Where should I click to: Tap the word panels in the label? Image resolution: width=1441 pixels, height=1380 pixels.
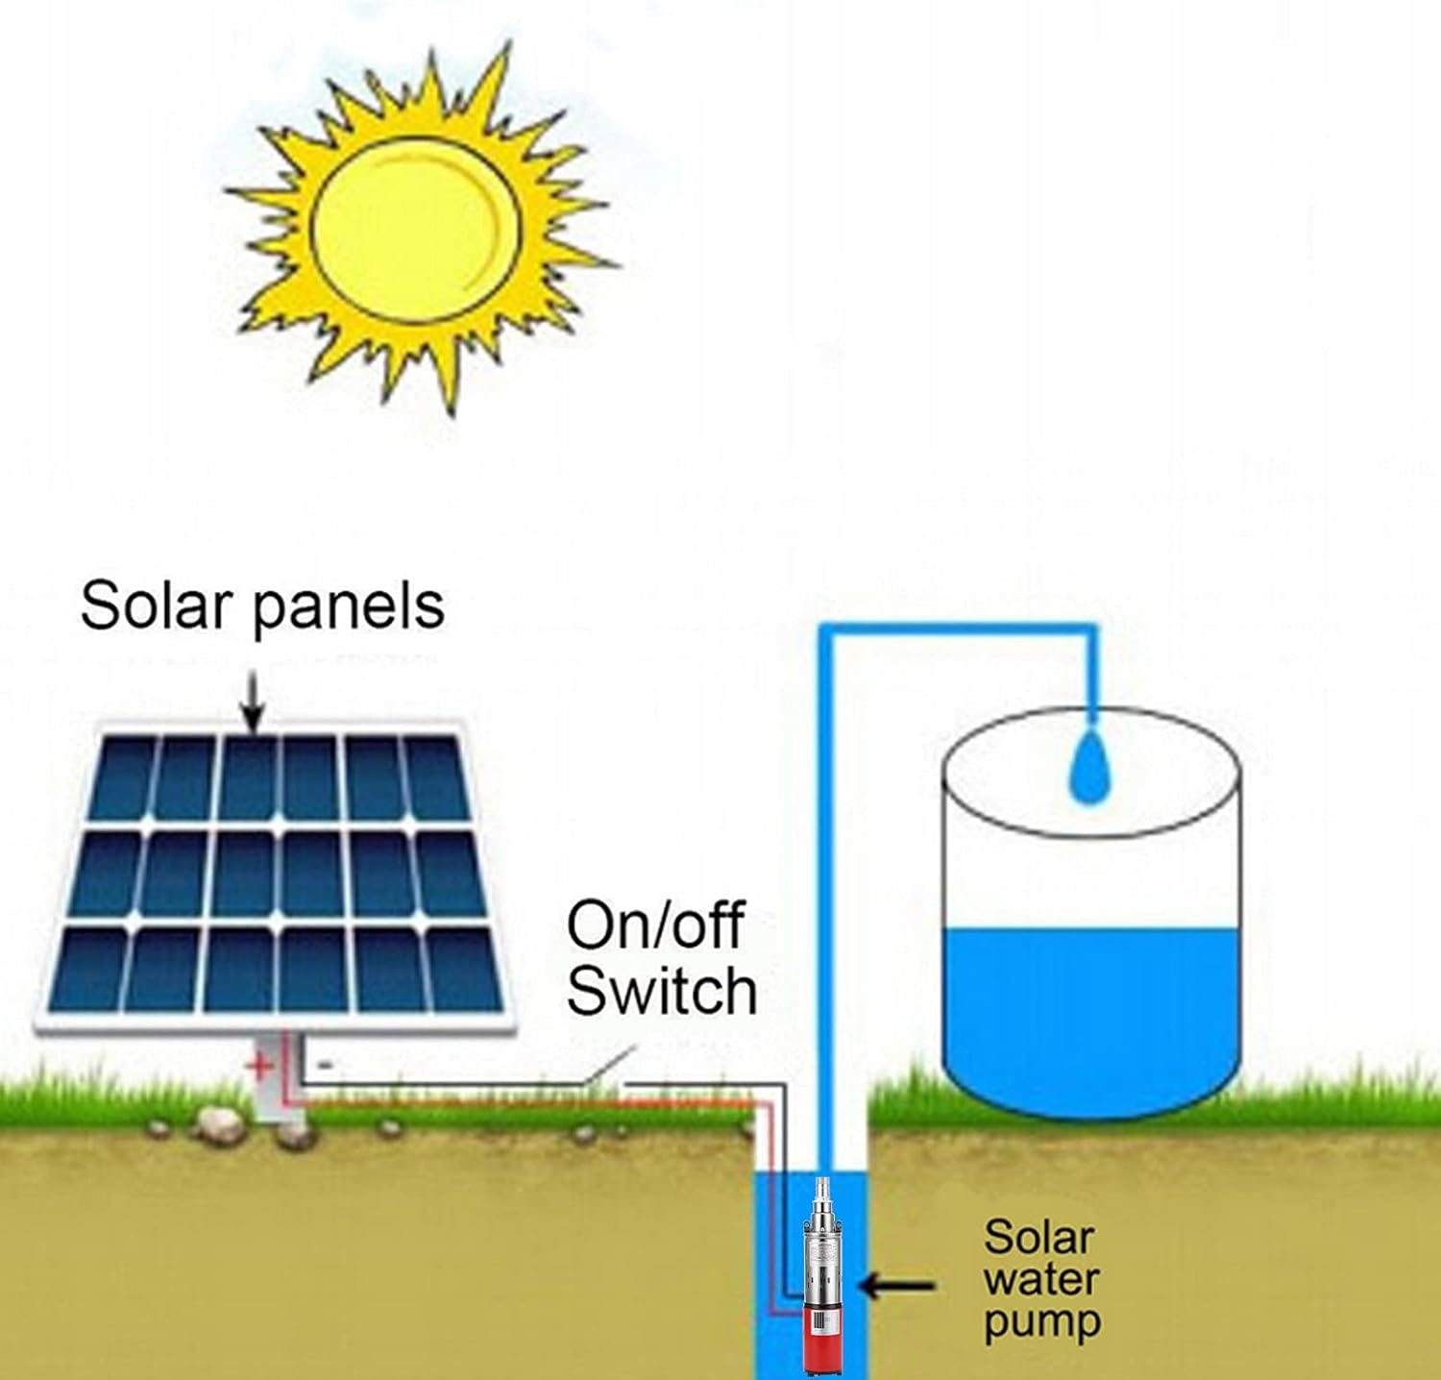coord(348,607)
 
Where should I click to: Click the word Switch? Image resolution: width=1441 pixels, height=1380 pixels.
coord(662,991)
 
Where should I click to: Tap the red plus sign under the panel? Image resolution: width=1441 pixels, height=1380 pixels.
coord(258,1066)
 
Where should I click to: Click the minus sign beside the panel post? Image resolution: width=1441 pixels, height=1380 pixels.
coord(325,1065)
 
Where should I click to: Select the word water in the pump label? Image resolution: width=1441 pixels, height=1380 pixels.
coord(1040,1280)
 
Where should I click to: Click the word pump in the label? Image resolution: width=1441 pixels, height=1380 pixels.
coord(1041,1323)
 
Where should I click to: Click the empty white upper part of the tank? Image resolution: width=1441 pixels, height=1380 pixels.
coord(1089,865)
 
